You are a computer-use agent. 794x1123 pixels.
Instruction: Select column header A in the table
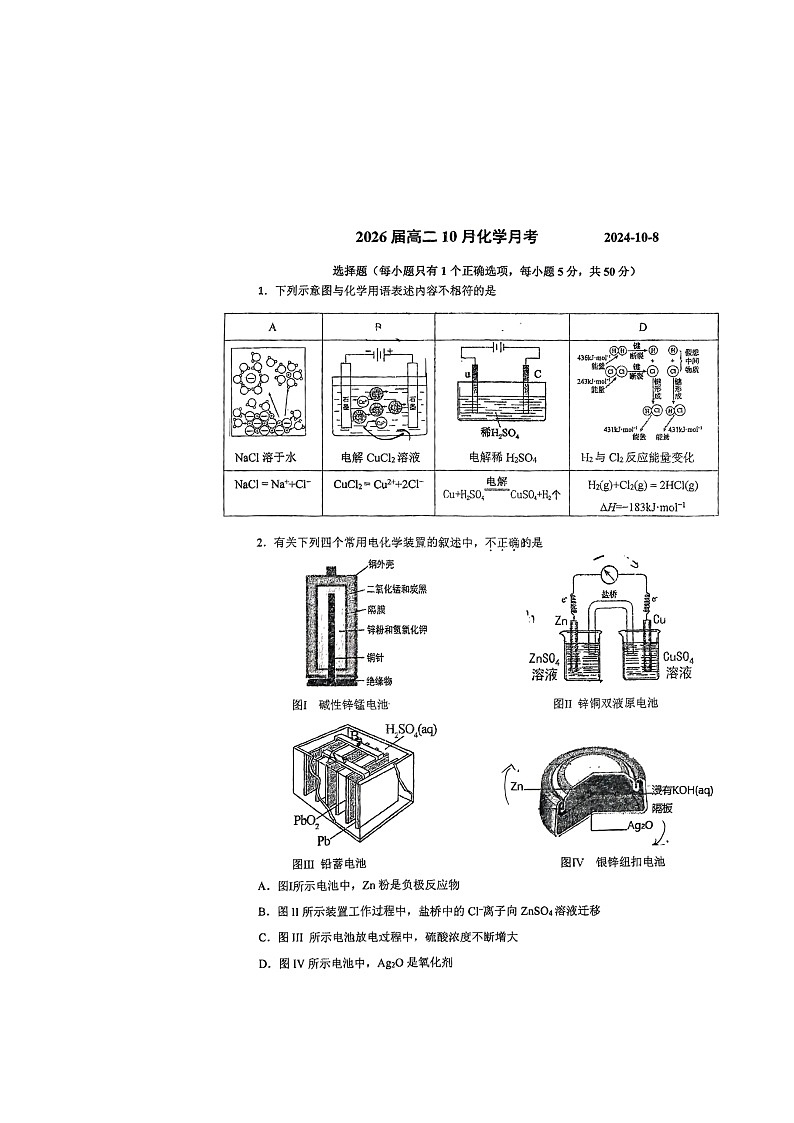coord(272,327)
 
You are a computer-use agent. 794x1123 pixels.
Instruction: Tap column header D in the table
coord(643,327)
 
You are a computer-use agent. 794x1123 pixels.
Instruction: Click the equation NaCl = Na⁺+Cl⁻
coord(273,483)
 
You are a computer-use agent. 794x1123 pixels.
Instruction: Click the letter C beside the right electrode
coord(537,374)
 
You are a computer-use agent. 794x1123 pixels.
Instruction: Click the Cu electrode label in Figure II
coord(659,620)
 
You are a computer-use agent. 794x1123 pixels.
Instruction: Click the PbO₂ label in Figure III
coord(306,822)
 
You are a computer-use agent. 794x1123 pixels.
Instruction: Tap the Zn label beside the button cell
coord(517,787)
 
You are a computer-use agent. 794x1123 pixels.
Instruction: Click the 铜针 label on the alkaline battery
coord(374,656)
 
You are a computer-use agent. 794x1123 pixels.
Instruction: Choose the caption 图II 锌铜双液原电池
coord(605,703)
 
